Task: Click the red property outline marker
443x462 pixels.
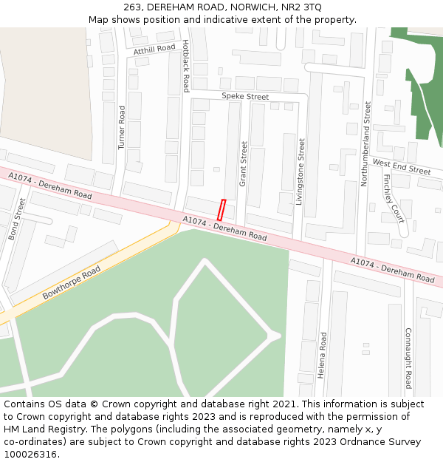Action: click(221, 209)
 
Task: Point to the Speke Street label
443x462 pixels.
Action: click(245, 97)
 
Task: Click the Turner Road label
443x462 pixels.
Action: click(123, 128)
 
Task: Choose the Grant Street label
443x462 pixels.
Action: click(244, 163)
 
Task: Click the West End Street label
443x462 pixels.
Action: click(402, 166)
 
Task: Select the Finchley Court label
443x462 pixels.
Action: click(394, 198)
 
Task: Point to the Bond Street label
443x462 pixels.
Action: click(17, 219)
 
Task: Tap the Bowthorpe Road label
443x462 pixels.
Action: click(72, 282)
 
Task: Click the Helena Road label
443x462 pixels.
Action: click(322, 356)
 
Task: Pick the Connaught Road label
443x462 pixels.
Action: click(408, 357)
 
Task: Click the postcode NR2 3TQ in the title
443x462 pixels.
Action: click(301, 7)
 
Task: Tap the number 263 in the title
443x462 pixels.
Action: click(134, 7)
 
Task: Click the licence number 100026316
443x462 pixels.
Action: click(30, 455)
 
